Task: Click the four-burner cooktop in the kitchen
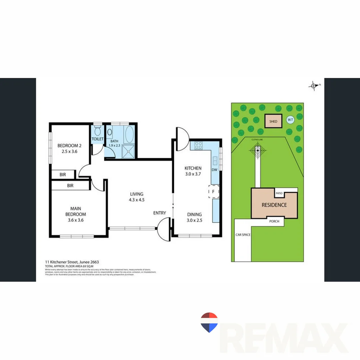tap(199, 145)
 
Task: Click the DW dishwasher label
tap(214, 170)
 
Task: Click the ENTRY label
tap(159, 213)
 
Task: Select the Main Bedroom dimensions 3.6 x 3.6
tap(76, 220)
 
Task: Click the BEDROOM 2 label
tap(69, 146)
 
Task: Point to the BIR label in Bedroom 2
tap(63, 174)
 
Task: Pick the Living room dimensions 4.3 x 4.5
tap(137, 200)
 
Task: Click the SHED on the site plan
tap(273, 121)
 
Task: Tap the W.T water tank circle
tap(290, 120)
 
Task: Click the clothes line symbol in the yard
tap(258, 150)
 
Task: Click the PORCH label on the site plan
tap(274, 221)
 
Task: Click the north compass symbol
tap(314, 86)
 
